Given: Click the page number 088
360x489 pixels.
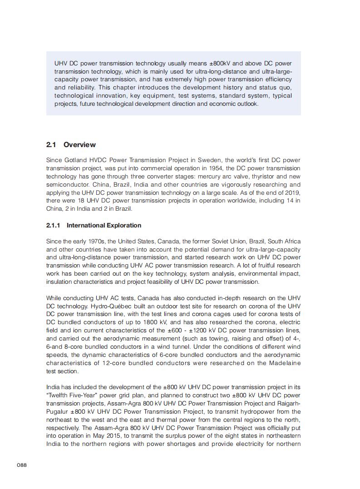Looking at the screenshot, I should tap(22, 465).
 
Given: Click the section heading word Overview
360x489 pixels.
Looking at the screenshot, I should tap(79, 145).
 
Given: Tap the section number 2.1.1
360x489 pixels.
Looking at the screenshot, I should tap(54, 225).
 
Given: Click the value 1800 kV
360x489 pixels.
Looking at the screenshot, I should tap(159, 322).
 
